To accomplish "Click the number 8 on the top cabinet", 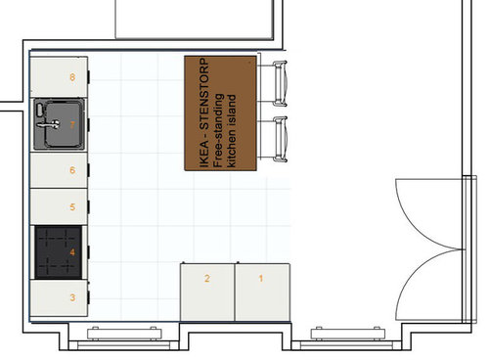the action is point(72,77).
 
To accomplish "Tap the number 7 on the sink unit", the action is point(72,124).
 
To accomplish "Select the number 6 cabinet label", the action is point(72,170).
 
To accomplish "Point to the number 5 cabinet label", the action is point(72,206).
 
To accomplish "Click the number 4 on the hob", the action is point(72,252).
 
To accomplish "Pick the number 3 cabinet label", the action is point(72,297).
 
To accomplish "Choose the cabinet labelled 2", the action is point(207,292).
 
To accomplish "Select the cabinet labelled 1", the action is point(262,292).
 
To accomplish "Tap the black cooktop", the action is point(59,252).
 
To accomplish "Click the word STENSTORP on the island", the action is point(204,94).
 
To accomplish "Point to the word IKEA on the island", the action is point(204,155).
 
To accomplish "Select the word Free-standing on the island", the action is point(218,130).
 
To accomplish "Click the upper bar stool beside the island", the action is point(280,84).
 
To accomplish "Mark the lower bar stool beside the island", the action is point(280,139).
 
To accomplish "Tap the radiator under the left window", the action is point(124,334).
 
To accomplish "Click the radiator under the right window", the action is point(348,334).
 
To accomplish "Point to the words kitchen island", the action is point(231,131).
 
